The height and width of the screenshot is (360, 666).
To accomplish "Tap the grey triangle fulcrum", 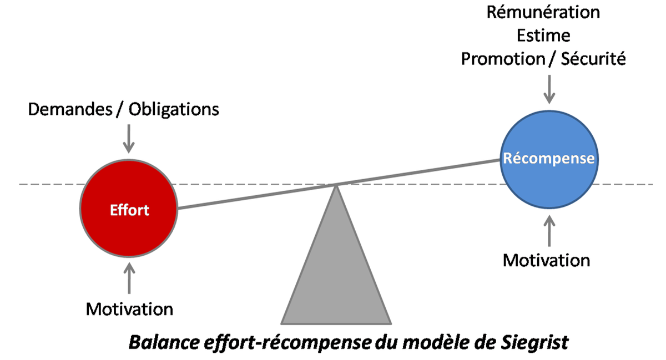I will (x=336, y=272).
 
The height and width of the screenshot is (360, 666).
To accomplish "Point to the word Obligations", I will (x=174, y=109).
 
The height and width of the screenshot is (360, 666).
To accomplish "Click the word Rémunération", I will (x=543, y=12).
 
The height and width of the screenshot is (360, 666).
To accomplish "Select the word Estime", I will (x=543, y=36).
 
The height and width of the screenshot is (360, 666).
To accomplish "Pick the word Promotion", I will (x=501, y=59).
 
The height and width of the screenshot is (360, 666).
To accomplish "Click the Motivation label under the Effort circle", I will (x=129, y=309).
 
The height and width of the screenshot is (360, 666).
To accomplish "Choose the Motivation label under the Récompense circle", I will (x=547, y=260).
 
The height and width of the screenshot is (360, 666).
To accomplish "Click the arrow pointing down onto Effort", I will (x=129, y=138).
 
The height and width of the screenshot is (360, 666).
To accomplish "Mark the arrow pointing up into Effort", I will (x=129, y=277).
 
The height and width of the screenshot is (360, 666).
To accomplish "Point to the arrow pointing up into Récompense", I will (x=549, y=230).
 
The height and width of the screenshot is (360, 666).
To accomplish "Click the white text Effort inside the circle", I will (x=129, y=210).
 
